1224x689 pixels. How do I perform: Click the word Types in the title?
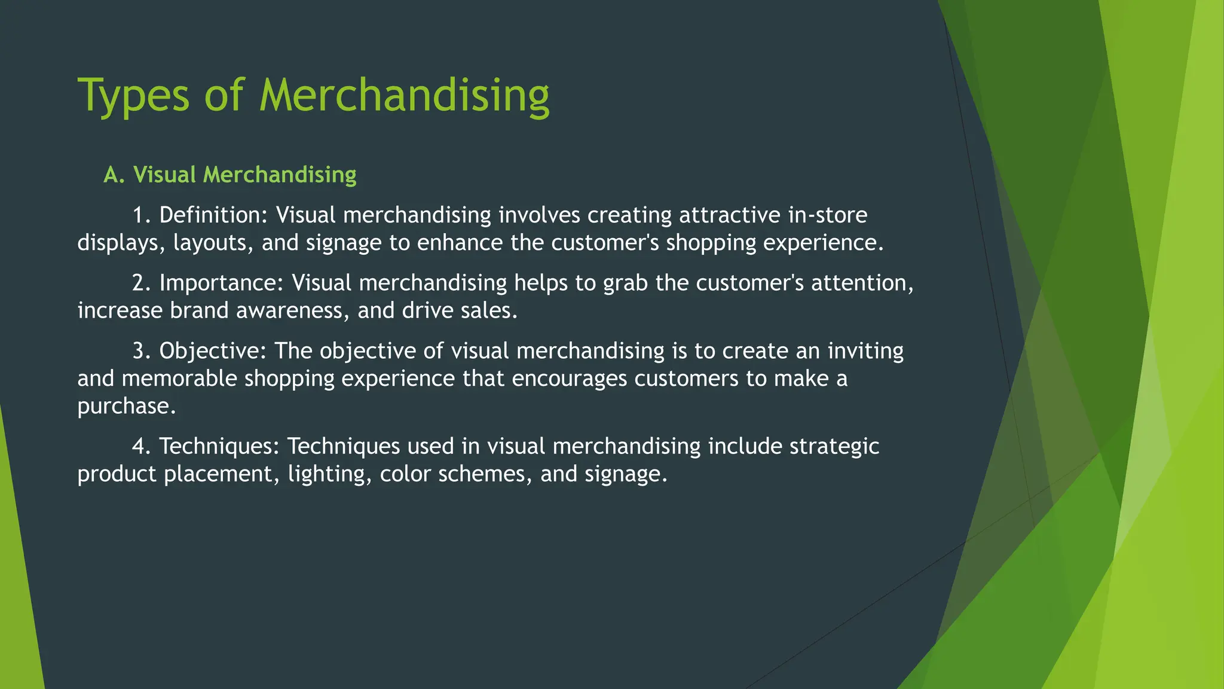(133, 96)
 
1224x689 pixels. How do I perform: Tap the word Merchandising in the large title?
(404, 96)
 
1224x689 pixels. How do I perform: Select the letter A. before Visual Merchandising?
(114, 175)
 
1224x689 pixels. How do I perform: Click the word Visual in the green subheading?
(164, 175)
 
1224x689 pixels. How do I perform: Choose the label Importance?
(222, 283)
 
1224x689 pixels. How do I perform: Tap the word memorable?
(179, 379)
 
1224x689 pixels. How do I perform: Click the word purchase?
(127, 407)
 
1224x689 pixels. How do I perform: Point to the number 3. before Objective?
(142, 350)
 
